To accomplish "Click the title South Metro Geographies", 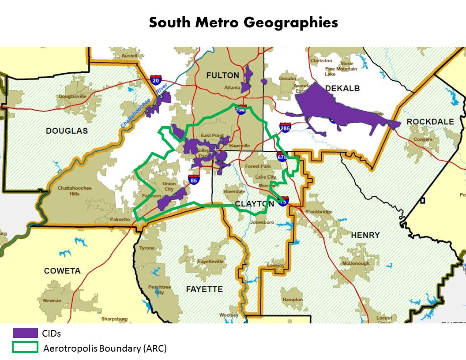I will click(243, 22).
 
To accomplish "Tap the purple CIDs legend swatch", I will click(25, 333).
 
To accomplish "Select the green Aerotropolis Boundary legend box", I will click(25, 347).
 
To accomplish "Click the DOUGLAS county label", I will click(67, 131).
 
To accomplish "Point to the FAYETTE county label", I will click(204, 289).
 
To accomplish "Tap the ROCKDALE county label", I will click(430, 121).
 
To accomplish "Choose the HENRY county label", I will click(365, 235).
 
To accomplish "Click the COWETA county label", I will click(62, 271).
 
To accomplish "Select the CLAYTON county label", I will click(254, 204).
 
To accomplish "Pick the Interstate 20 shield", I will click(155, 80).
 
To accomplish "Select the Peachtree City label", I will click(159, 289).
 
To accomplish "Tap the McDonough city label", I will click(356, 263).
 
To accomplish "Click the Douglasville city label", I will click(72, 96).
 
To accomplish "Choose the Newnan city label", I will click(52, 300).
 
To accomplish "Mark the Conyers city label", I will click(423, 140).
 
